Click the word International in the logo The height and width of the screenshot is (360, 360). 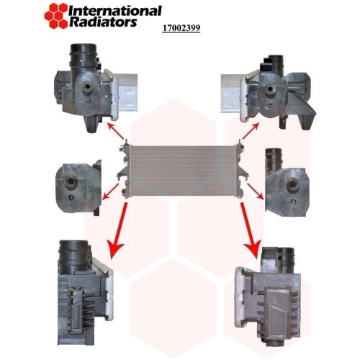[115, 11]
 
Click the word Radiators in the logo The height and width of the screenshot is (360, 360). [103, 22]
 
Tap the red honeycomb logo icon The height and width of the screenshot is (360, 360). [56, 16]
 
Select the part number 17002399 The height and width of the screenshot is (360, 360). [181, 28]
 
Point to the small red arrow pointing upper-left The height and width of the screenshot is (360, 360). [116, 131]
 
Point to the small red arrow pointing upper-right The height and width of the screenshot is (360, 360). [251, 131]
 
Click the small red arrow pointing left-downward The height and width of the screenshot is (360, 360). [111, 192]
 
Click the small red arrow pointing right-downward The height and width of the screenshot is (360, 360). [256, 192]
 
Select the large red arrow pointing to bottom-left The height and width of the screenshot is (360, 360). [118, 230]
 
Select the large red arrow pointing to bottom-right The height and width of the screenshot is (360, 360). [251, 230]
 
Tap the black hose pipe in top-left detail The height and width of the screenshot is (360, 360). [83, 59]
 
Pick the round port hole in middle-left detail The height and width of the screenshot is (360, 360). [71, 181]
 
